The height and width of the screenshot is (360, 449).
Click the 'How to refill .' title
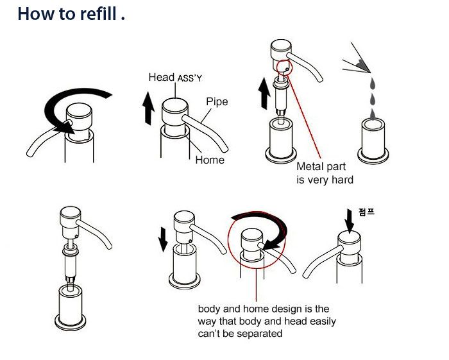(x=71, y=14)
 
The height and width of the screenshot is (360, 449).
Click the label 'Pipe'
(x=217, y=101)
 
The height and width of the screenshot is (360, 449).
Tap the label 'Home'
(x=210, y=160)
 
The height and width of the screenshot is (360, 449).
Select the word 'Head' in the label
(x=161, y=77)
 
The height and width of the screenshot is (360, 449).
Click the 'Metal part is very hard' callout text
(x=325, y=173)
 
